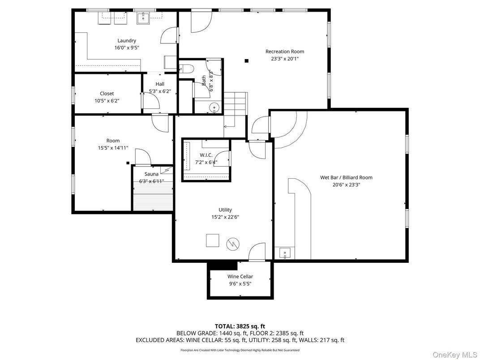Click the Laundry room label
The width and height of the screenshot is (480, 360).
[x=127, y=41]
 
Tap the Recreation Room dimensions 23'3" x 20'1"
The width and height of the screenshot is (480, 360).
[x=285, y=59]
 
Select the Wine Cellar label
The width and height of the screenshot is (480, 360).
[x=240, y=276]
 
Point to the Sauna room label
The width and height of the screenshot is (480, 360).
[x=151, y=174]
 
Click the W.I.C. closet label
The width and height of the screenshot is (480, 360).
[x=206, y=155]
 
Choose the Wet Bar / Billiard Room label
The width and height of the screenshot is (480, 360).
[x=346, y=177]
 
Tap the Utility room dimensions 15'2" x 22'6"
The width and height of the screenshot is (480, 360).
[x=225, y=217]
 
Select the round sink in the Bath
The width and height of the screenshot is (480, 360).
[x=214, y=107]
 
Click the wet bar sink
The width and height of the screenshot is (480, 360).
[x=285, y=253]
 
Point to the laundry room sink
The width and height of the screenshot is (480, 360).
[x=143, y=18]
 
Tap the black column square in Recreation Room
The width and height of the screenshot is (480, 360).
[x=246, y=60]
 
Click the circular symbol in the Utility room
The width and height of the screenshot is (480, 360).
[x=233, y=244]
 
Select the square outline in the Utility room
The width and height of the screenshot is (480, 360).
[x=212, y=240]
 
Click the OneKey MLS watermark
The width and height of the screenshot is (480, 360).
[x=454, y=355]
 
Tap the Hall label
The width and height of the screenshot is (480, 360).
[x=160, y=84]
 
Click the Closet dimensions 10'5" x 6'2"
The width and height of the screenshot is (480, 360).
[x=107, y=100]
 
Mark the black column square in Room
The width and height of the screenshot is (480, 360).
[x=128, y=163]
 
